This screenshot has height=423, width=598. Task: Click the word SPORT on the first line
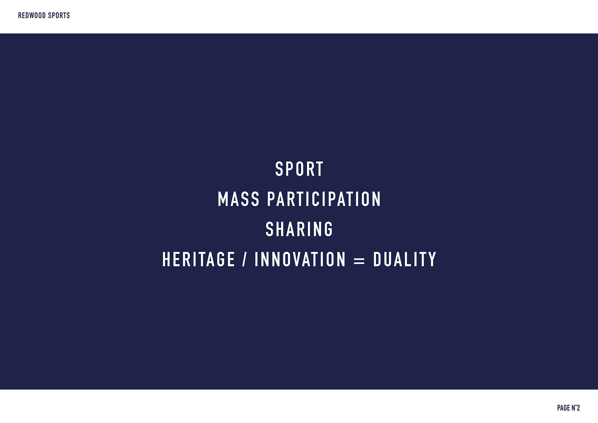coord(299,169)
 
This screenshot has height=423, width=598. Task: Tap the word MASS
coord(239,199)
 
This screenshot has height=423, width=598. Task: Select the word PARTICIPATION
coord(324,199)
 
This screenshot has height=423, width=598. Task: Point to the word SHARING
coord(299,229)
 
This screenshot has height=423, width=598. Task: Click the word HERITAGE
coord(199,259)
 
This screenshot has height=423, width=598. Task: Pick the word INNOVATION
coord(300,259)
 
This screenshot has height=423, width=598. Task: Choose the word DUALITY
coord(405,259)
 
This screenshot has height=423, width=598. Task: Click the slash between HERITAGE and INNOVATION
coord(245,259)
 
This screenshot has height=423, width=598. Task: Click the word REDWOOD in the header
coord(31,15)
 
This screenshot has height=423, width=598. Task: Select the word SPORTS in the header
coord(59,15)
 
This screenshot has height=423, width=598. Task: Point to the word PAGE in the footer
coord(563,408)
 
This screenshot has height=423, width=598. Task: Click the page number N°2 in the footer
coord(576,408)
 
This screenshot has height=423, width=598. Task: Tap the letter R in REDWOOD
coord(20,15)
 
